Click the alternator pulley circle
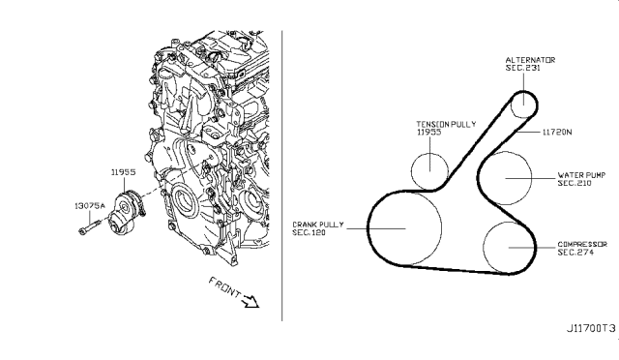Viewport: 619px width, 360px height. [x=521, y=102]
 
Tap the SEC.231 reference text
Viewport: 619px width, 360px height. [x=524, y=69]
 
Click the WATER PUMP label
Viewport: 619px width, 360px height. [x=581, y=175]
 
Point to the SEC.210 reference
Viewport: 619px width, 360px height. [x=575, y=185]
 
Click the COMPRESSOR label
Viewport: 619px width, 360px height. [x=581, y=244]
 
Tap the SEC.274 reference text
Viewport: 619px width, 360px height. [x=575, y=253]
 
